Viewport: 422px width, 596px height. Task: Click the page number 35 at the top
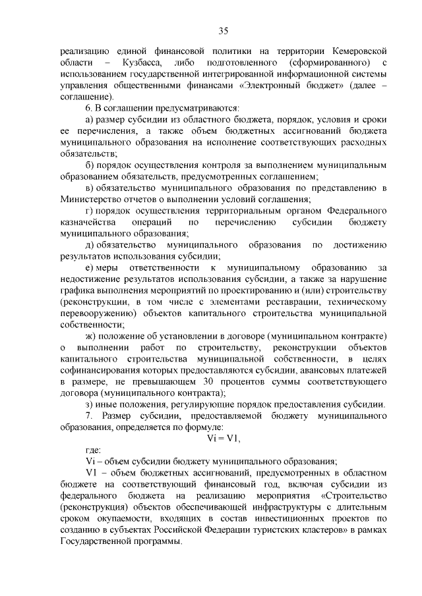(x=223, y=30)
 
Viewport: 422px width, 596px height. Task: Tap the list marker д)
(x=90, y=245)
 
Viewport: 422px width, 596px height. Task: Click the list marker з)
(x=90, y=404)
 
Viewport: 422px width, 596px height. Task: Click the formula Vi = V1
(x=222, y=440)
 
